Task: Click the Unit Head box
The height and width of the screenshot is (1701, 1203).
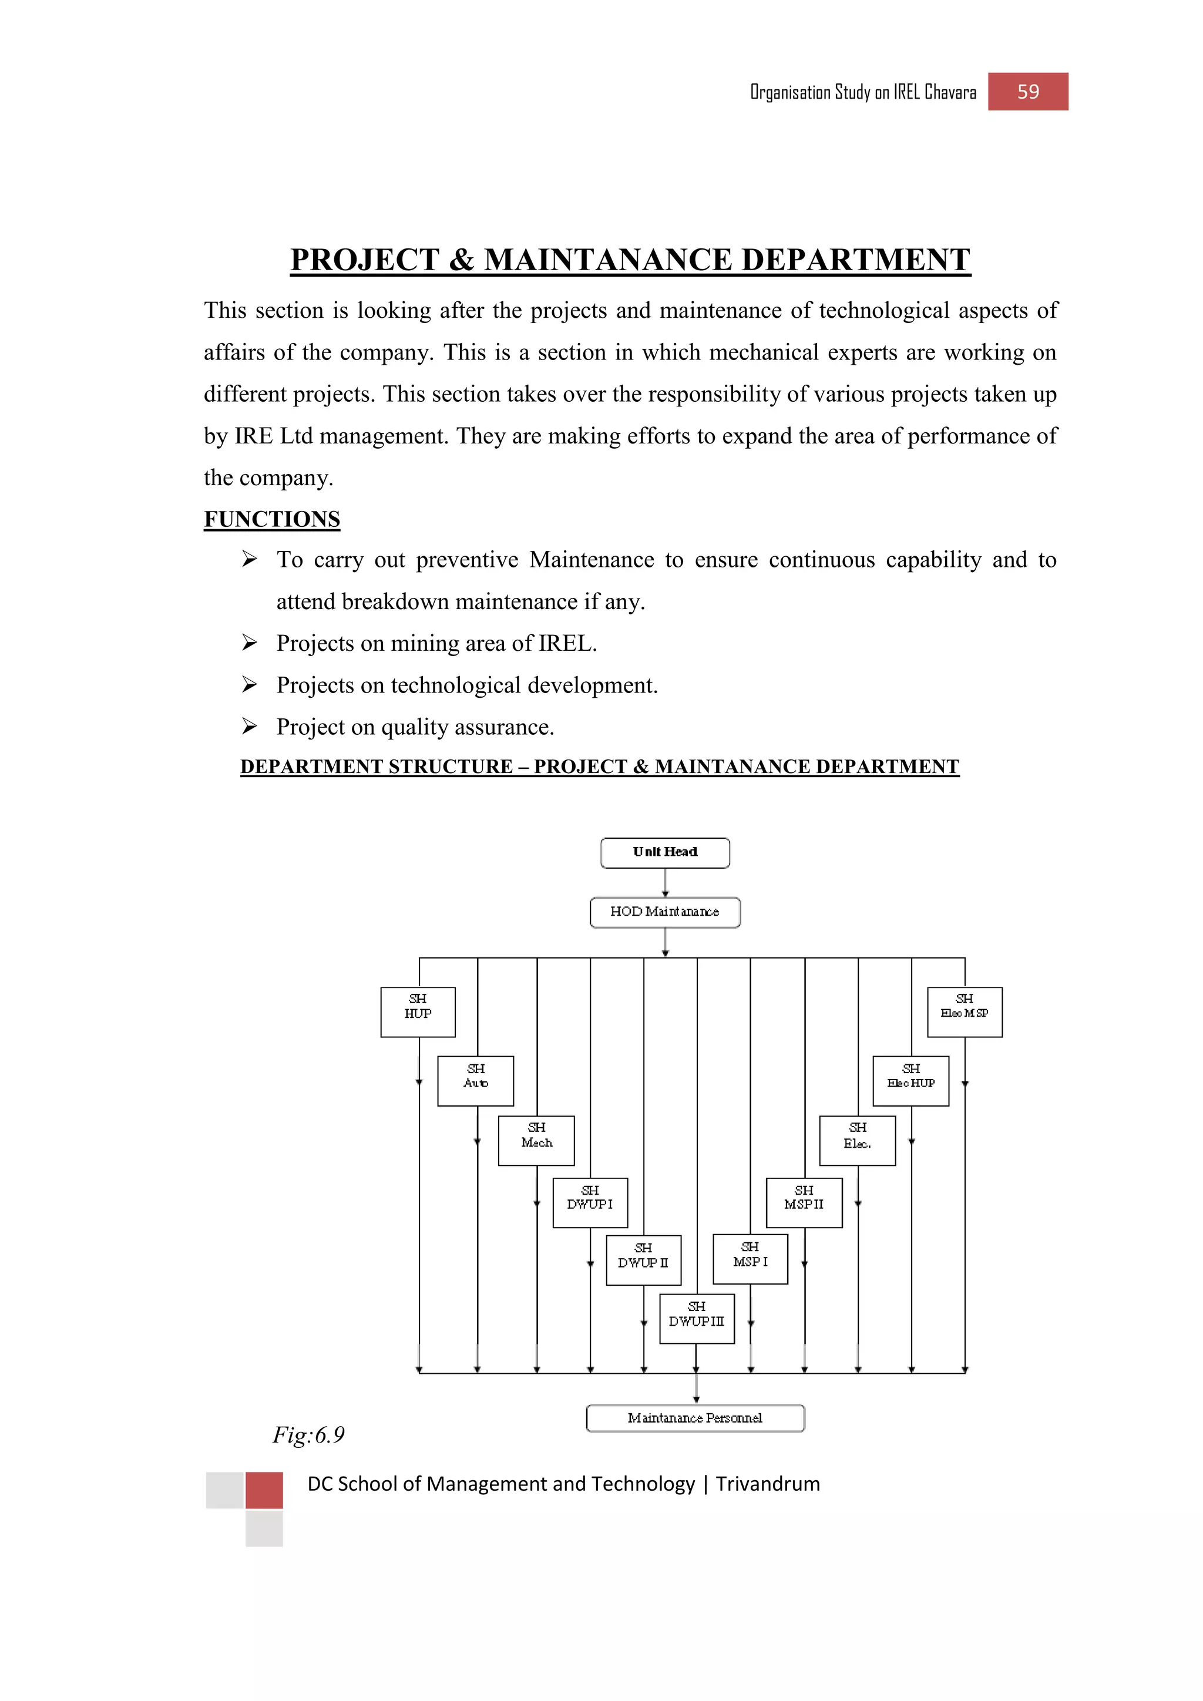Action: tap(664, 852)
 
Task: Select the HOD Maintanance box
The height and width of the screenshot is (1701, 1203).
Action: tap(664, 912)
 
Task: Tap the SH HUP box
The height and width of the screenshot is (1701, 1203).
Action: tap(418, 1011)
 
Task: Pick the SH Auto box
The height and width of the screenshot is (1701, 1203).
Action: tap(476, 1081)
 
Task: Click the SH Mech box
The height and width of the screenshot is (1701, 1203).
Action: tap(536, 1140)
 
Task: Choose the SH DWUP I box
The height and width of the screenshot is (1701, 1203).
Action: tap(590, 1202)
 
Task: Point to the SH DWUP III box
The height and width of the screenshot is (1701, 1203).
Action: tap(696, 1318)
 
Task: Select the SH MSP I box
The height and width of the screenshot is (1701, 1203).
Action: tap(750, 1259)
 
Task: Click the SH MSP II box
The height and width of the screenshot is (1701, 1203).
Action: tap(804, 1202)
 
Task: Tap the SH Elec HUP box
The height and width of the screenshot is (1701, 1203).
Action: tap(910, 1081)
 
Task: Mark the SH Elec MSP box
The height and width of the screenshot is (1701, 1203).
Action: tap(965, 1011)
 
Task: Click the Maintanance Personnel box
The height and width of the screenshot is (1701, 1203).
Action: tap(695, 1418)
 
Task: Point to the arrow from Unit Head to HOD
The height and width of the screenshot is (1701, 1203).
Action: tap(665, 882)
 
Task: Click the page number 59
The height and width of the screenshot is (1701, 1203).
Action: tap(1027, 92)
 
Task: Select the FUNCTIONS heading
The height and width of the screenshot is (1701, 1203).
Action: tap(272, 519)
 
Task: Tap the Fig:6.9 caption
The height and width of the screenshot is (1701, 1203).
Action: tap(308, 1435)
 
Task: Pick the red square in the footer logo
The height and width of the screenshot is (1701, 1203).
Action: tap(264, 1490)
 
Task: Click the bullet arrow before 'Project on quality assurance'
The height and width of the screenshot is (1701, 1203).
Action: tap(249, 727)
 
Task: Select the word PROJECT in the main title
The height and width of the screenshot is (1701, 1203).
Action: tap(364, 260)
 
